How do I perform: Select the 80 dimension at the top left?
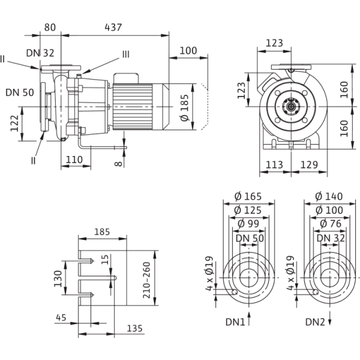point(50,27)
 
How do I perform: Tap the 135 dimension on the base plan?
point(136,328)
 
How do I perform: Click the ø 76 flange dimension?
point(327,223)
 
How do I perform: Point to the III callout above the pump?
point(125,54)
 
